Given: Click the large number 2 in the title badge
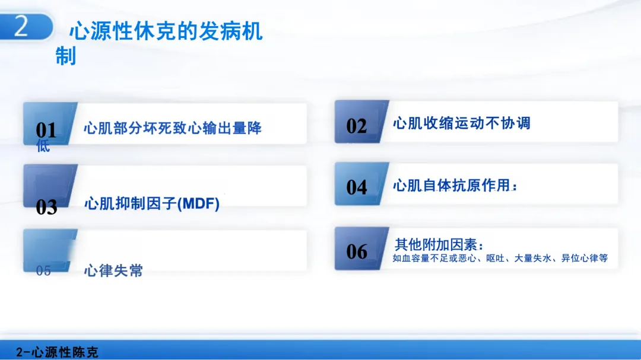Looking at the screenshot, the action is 21,26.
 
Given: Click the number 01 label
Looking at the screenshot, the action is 46,130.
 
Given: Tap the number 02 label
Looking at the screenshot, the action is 357,126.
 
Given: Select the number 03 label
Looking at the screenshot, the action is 46,207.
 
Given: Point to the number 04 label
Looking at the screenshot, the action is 357,187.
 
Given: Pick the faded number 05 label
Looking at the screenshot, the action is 43,271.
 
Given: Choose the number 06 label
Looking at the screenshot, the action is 357,251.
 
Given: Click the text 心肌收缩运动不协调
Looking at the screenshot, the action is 462,123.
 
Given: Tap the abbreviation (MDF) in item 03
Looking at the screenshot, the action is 198,203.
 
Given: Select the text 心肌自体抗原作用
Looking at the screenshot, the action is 452,186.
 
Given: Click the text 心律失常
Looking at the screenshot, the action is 113,270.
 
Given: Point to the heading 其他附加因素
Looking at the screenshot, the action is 436,245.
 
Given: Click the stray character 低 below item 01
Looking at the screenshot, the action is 43,145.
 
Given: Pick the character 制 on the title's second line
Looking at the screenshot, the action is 66,56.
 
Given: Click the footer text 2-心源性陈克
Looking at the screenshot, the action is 57,352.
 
